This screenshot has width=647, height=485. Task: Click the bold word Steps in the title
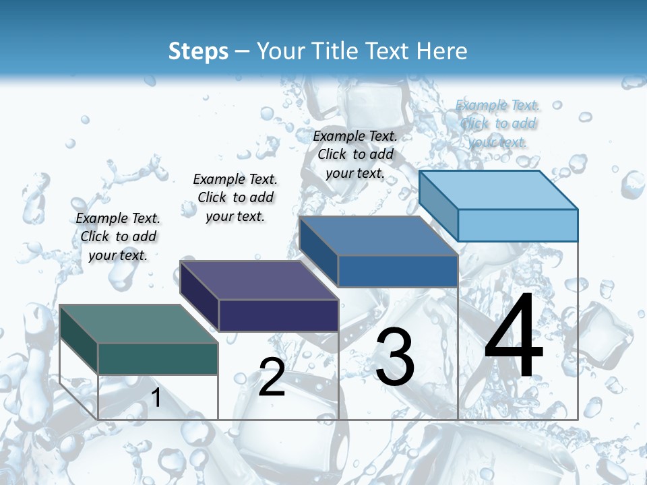(198, 51)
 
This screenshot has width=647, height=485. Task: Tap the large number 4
(514, 336)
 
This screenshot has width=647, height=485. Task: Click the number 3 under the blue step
(394, 357)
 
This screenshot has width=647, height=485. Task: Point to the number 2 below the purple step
(272, 377)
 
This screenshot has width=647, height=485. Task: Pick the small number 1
(156, 398)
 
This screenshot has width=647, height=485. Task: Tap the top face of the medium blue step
(377, 236)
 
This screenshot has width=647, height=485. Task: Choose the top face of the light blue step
(498, 190)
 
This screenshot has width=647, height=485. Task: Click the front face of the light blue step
(518, 225)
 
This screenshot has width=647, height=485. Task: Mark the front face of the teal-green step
(158, 358)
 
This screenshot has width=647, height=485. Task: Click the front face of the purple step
(278, 315)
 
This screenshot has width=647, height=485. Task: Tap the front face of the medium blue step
(398, 271)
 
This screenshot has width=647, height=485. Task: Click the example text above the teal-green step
(119, 236)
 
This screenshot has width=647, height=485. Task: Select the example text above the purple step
(235, 197)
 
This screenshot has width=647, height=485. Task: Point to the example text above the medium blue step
(355, 154)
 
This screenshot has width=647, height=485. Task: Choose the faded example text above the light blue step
(498, 123)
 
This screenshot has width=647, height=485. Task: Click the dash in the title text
(243, 51)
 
